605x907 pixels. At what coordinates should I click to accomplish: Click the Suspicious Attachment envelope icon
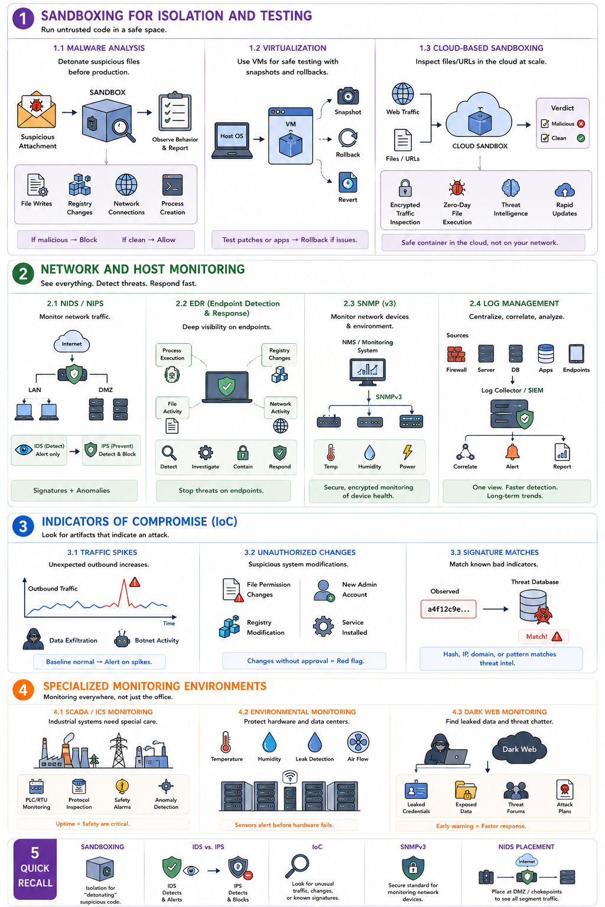(x=37, y=109)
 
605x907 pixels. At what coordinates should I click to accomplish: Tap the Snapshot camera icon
(x=347, y=96)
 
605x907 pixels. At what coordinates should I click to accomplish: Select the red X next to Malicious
(x=581, y=123)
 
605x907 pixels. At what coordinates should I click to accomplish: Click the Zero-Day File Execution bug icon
(x=457, y=188)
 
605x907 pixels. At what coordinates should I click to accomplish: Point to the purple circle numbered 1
(x=23, y=19)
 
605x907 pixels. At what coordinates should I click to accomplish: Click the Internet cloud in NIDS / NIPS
(x=71, y=342)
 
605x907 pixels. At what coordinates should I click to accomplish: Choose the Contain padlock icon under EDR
(x=243, y=453)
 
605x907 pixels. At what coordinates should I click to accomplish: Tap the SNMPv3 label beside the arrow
(x=389, y=397)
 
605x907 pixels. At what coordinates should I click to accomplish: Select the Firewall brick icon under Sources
(x=456, y=354)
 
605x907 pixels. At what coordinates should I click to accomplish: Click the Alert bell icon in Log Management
(x=512, y=452)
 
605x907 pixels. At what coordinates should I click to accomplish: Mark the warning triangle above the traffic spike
(x=135, y=582)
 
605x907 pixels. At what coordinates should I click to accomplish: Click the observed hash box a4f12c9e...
(x=448, y=609)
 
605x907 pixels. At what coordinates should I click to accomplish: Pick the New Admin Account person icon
(x=324, y=590)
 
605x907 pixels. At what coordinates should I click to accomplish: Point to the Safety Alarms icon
(x=122, y=787)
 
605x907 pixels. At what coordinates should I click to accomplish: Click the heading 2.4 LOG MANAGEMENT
(x=514, y=304)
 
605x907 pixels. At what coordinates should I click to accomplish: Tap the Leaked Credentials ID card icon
(x=416, y=789)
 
